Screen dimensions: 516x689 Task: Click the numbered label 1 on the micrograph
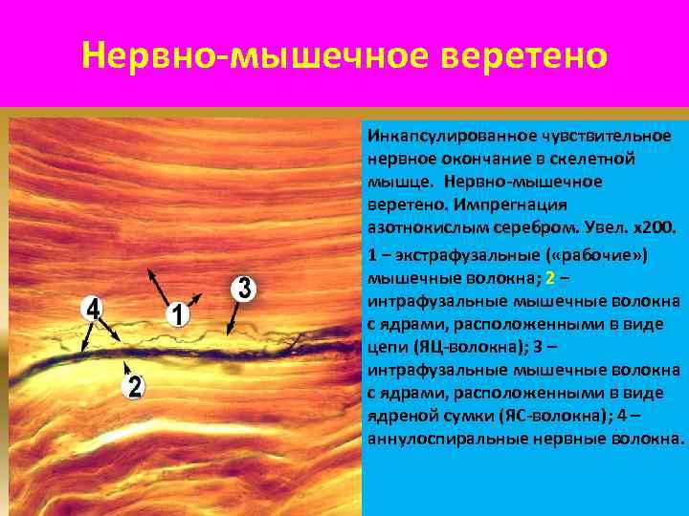click(x=179, y=314)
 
